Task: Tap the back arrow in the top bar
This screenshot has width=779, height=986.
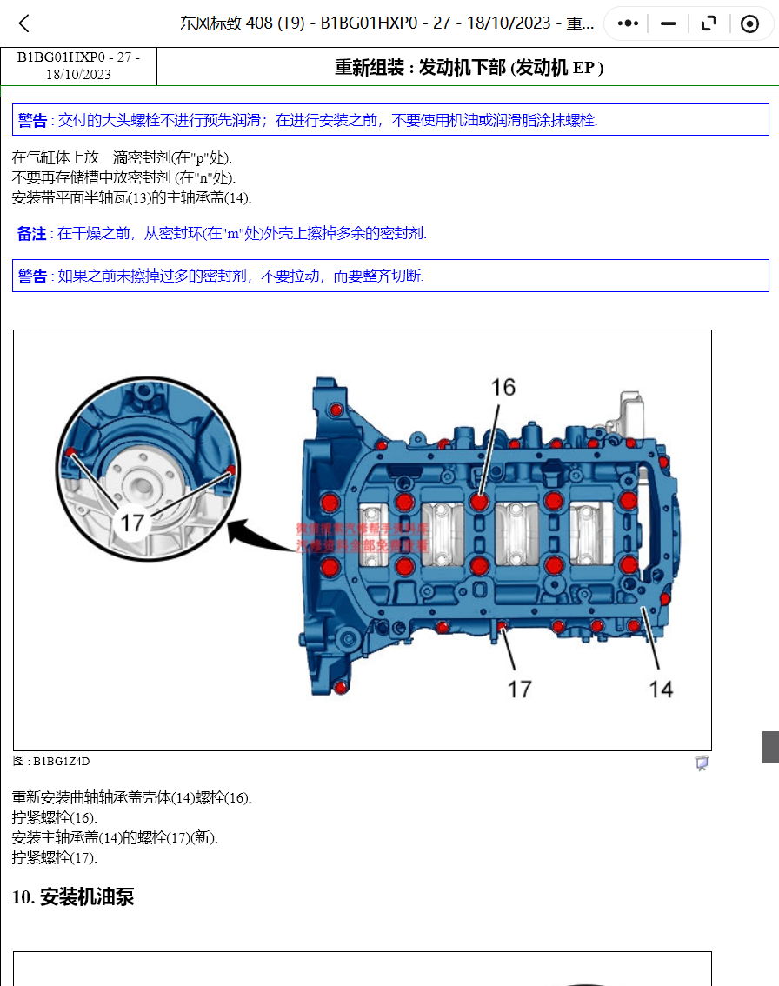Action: coord(24,23)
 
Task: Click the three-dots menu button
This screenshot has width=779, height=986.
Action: coord(628,23)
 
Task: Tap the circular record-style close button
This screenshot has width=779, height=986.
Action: coord(749,23)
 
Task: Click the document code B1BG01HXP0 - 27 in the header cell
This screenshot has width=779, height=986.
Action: coord(78,57)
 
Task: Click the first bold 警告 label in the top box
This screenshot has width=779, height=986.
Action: coord(33,120)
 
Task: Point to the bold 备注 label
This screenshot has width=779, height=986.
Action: coord(32,233)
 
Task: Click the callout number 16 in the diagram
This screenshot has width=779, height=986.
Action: coord(503,387)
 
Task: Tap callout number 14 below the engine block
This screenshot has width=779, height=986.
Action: coord(661,689)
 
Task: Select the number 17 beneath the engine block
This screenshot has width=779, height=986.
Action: coord(519,689)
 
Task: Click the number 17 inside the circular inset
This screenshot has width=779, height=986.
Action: coord(131,523)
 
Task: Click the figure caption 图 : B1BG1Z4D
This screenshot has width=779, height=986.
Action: coord(51,762)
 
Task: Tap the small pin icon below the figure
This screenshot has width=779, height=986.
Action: coord(702,763)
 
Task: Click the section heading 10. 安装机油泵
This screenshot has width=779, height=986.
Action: coord(73,896)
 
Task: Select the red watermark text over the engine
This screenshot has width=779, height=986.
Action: coord(362,536)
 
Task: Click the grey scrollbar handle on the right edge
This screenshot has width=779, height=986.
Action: coord(770,747)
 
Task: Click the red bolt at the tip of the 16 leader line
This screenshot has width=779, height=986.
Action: coord(479,502)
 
